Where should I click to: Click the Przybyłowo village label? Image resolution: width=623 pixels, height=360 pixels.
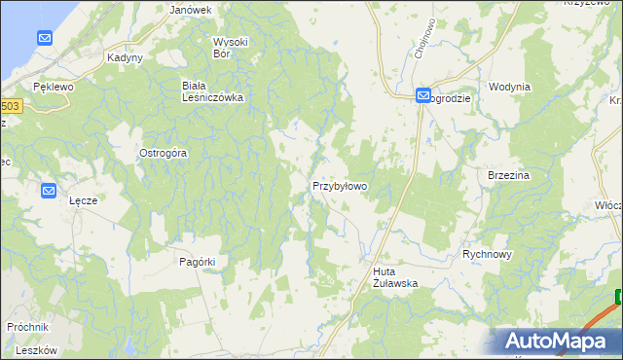click(x=339, y=185)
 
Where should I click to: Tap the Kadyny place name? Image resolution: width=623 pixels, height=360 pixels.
click(x=126, y=57)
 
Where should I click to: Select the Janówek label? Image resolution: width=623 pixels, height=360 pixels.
click(x=191, y=10)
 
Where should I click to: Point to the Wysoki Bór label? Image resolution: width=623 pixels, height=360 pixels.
click(x=232, y=48)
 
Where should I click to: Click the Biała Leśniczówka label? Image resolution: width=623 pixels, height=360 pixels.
click(x=212, y=91)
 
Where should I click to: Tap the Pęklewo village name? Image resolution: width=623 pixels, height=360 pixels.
click(x=53, y=87)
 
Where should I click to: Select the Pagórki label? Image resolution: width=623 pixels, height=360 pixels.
click(x=197, y=262)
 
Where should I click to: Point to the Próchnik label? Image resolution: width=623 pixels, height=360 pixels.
click(x=27, y=327)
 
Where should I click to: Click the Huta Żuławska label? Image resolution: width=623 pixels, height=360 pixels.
click(x=395, y=277)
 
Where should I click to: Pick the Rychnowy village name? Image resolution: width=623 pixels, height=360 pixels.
click(x=487, y=253)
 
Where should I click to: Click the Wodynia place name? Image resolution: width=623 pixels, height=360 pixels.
click(x=510, y=87)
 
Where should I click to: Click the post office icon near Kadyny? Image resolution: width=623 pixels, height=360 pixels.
click(x=45, y=38)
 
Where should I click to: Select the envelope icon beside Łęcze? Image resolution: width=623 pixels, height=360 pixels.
click(x=50, y=191)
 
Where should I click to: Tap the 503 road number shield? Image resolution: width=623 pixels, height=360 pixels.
click(x=9, y=106)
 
